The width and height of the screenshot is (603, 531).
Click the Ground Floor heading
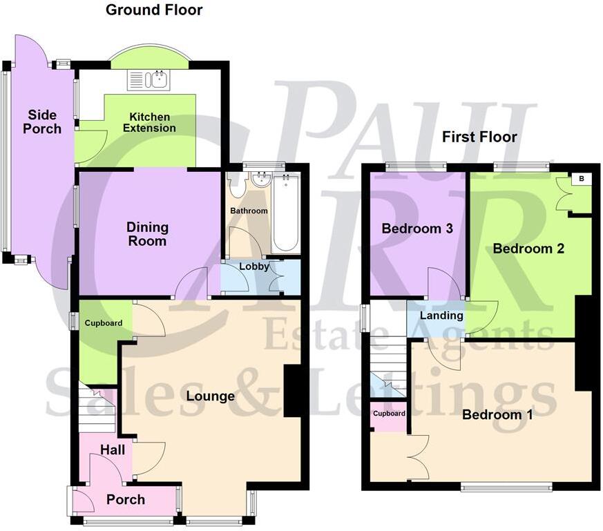[x=154, y=10]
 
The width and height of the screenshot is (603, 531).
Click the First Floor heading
[x=479, y=137]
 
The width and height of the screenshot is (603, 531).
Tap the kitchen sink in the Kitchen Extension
[x=149, y=80]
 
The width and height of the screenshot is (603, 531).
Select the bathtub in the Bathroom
[x=286, y=213]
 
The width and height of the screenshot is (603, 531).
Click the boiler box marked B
[x=581, y=179]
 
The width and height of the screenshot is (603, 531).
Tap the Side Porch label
[x=42, y=122]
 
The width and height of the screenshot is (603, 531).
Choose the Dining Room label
[x=147, y=234]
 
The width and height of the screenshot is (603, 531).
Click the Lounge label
[x=211, y=396]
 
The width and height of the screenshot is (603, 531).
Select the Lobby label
[x=253, y=266]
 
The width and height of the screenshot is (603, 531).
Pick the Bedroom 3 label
[x=417, y=229]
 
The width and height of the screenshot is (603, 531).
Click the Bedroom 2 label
[x=528, y=249]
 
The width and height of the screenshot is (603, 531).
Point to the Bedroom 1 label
[x=497, y=414]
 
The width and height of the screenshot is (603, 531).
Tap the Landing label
[x=441, y=316]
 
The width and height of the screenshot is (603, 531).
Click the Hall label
[x=113, y=450]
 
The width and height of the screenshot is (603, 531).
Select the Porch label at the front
[x=126, y=499]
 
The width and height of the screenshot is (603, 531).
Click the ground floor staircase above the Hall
[x=97, y=407]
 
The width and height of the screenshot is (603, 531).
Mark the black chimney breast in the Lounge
[x=292, y=391]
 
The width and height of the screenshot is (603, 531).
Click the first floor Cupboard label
[x=389, y=414]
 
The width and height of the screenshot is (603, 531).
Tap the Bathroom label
[x=249, y=211]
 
